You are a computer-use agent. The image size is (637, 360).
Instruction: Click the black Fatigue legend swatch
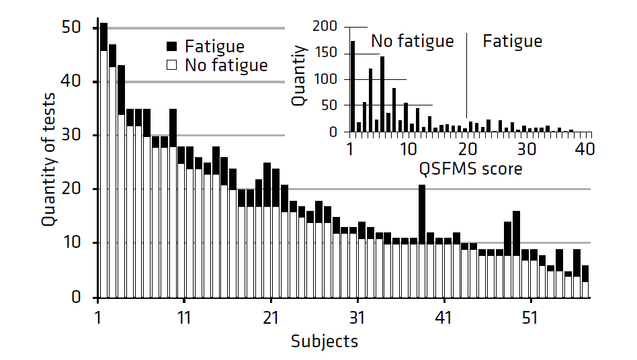[x=172, y=47]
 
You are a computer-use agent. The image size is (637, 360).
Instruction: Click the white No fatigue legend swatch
[x=172, y=65]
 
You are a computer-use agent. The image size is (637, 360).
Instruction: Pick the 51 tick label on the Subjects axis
[x=531, y=316]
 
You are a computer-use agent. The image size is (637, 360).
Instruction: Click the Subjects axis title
[x=325, y=341]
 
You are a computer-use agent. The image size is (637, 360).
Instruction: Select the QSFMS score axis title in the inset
[x=470, y=169]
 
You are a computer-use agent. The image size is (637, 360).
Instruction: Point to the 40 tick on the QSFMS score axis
[x=585, y=148]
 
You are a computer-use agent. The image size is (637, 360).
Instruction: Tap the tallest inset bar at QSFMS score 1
[x=352, y=87]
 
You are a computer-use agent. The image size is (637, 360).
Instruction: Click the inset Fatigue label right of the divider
[x=512, y=41]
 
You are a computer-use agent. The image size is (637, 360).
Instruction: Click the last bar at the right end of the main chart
[x=585, y=281]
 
